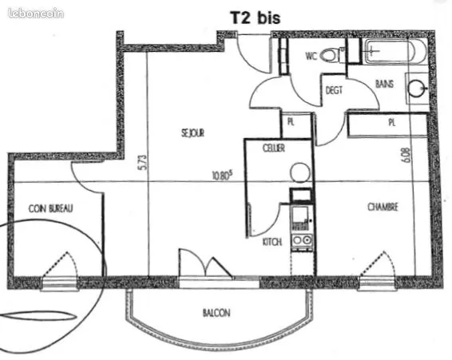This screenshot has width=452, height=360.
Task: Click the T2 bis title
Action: coord(255,18)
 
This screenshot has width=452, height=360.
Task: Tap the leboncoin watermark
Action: coord(36,14)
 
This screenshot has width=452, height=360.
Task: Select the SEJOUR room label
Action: coord(192,133)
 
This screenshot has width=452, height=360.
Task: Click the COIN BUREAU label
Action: coord(51,208)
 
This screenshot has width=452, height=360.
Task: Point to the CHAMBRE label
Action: coord(383,207)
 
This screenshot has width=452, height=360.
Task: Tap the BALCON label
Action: coord(216,313)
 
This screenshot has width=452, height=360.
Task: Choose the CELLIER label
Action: coord(274,148)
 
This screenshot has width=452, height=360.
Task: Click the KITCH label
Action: coord(272,242)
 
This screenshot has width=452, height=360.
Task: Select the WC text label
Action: coord(311,56)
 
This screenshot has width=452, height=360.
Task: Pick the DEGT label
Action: coord(334,90)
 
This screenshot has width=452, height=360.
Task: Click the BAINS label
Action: coord(385,84)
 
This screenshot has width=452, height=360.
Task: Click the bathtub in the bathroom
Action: coord(395,52)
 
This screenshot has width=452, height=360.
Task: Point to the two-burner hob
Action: coord(302,239)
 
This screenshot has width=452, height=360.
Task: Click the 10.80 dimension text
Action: coord(222,175)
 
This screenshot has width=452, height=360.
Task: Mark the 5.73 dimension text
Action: coord(143,164)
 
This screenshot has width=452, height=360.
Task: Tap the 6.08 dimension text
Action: coord(406,155)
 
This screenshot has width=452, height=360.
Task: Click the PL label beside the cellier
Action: coord(291,122)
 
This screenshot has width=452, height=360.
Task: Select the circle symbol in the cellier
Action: coord(300,172)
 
